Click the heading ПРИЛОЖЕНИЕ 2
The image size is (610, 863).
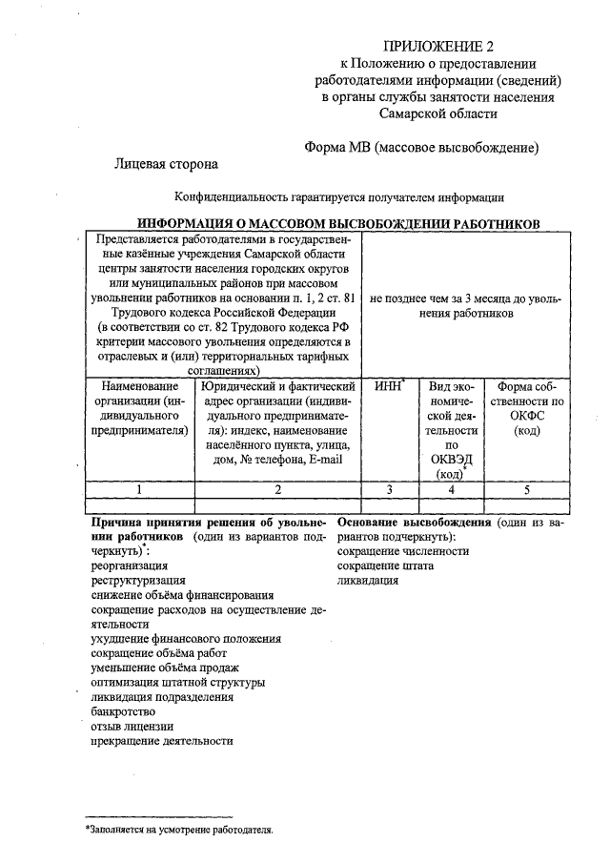click(439, 45)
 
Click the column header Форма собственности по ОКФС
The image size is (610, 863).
click(526, 408)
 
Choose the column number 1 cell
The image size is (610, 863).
click(139, 489)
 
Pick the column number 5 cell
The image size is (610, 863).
click(526, 489)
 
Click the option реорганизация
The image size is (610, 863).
click(130, 565)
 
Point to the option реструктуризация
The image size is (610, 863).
click(138, 579)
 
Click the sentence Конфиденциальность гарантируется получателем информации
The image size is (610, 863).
click(338, 197)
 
